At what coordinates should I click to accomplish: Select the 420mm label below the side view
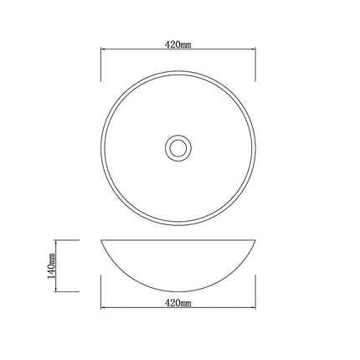pyautogui.click(x=178, y=300)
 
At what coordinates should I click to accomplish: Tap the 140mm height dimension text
pyautogui.click(x=51, y=265)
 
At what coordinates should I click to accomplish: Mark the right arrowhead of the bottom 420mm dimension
pyautogui.click(x=255, y=306)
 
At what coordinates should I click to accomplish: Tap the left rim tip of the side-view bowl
pyautogui.click(x=101, y=241)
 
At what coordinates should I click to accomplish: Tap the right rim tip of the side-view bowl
pyautogui.click(x=256, y=241)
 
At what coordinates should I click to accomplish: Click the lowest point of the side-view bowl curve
pyautogui.click(x=178, y=291)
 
